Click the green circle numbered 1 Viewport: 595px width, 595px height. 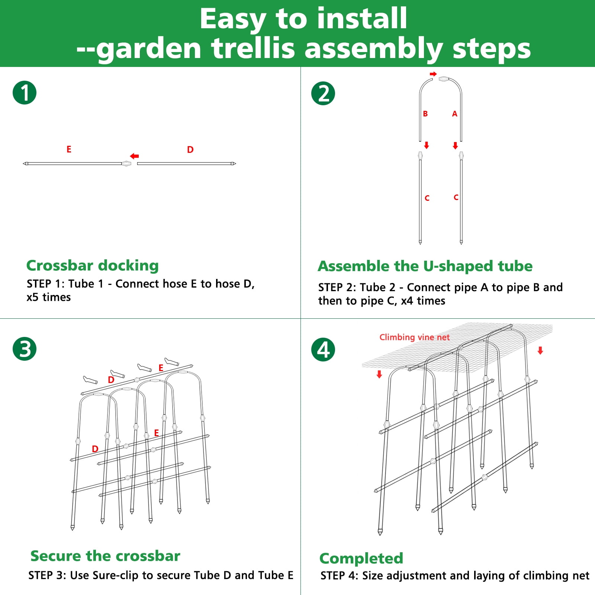pyautogui.click(x=25, y=93)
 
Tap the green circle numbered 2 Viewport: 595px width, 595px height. pyautogui.click(x=323, y=93)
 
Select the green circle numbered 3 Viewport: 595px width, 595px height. pyautogui.click(x=25, y=349)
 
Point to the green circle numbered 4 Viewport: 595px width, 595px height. pyautogui.click(x=323, y=350)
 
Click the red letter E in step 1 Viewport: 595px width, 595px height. pyautogui.click(x=69, y=149)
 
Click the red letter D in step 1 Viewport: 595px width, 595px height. pyautogui.click(x=190, y=150)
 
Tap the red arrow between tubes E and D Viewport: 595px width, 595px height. pyautogui.click(x=134, y=156)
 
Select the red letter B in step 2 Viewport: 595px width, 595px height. pyautogui.click(x=425, y=114)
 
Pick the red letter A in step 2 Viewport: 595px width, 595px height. pyautogui.click(x=454, y=114)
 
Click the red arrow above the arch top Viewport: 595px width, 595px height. pyautogui.click(x=433, y=74)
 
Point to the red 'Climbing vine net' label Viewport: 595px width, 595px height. pyautogui.click(x=414, y=337)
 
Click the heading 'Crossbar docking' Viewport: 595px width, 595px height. pyautogui.click(x=93, y=266)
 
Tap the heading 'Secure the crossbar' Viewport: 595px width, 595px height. pyautogui.click(x=105, y=556)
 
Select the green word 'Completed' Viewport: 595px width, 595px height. pyautogui.click(x=361, y=559)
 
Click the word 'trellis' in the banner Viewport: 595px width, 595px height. pyautogui.click(x=253, y=48)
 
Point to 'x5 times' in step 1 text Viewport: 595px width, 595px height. pyautogui.click(x=48, y=297)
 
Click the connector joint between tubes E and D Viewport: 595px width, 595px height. pyautogui.click(x=126, y=163)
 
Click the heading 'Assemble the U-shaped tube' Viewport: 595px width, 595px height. pyautogui.click(x=425, y=266)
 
